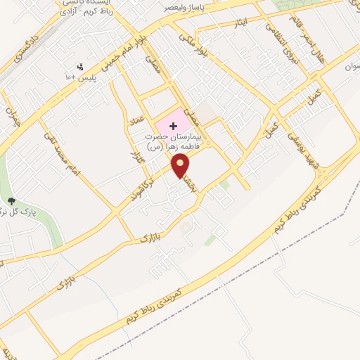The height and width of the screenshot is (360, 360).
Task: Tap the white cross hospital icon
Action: point(173,125)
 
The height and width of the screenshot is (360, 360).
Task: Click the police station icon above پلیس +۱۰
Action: point(79,67)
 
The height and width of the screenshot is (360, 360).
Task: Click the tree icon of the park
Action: point(11,202)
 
